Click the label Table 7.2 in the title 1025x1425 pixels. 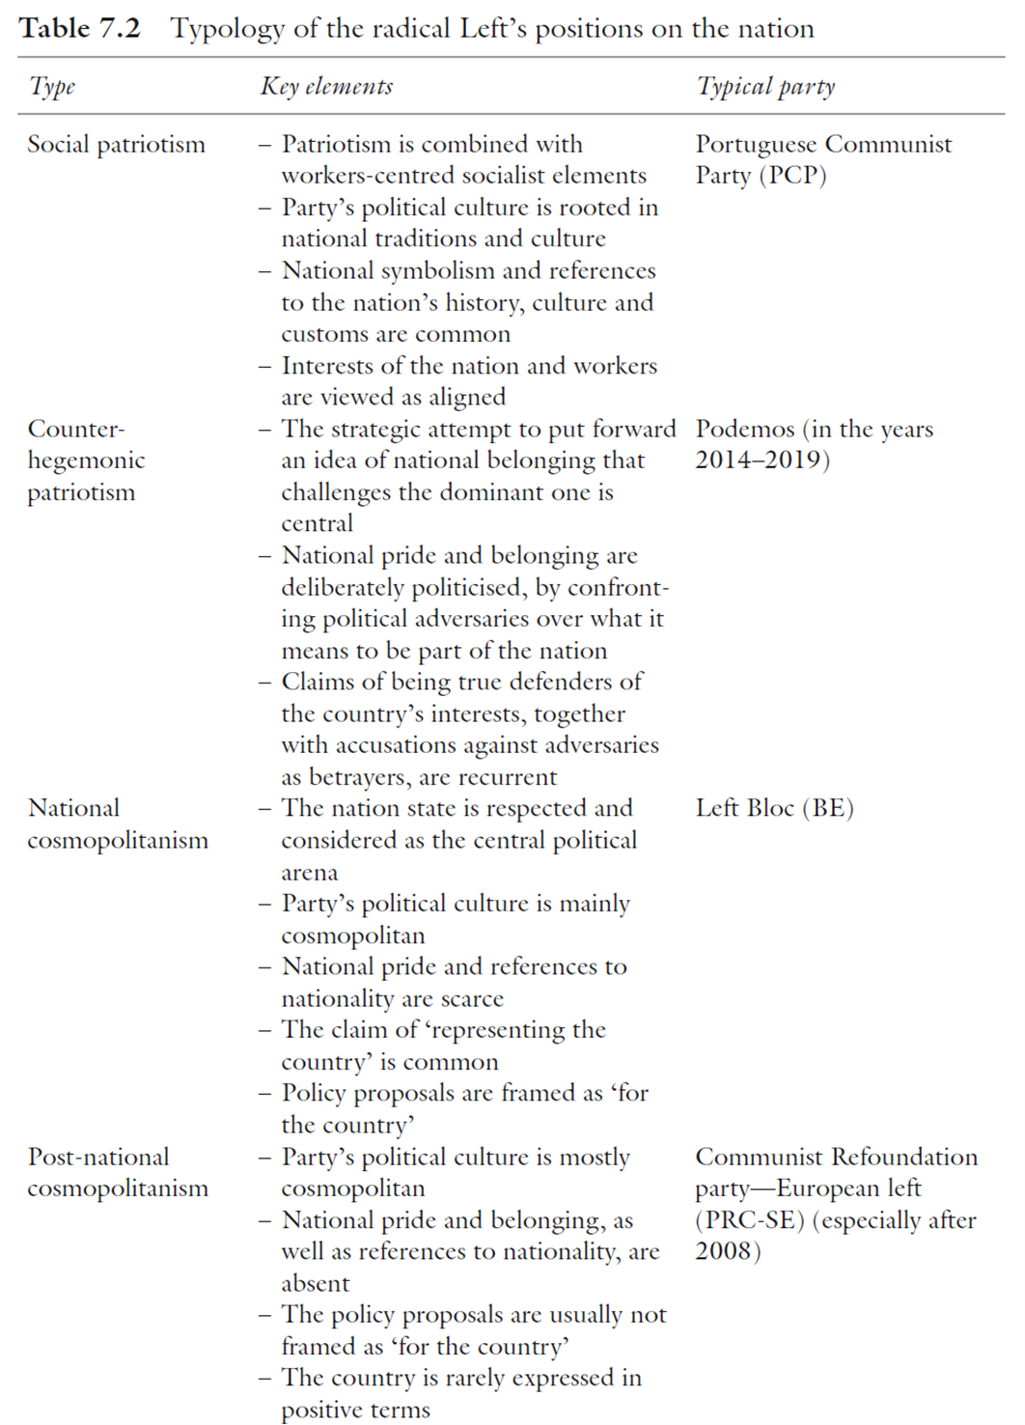[x=80, y=28]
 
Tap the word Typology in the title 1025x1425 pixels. [x=227, y=29]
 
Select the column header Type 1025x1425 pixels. [x=52, y=87]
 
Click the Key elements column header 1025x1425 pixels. [x=326, y=87]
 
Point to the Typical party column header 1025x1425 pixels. [x=765, y=87]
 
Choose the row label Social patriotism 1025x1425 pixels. [x=116, y=145]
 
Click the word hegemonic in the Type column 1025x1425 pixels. [x=86, y=461]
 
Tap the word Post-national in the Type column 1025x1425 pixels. [x=98, y=1157]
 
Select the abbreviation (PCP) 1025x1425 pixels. [x=793, y=176]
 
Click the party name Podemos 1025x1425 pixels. [x=744, y=429]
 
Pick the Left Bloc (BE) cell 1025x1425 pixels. [x=774, y=808]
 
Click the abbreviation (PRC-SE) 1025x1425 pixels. [x=750, y=1220]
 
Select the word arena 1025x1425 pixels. [x=310, y=873]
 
